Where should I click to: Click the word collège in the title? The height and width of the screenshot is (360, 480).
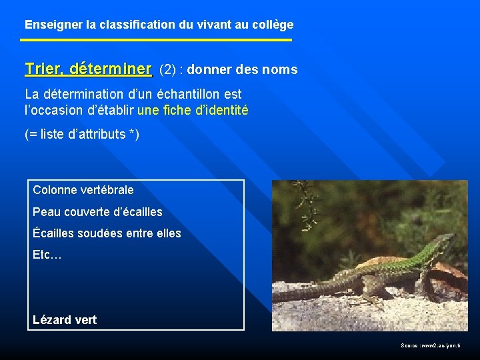[x=272, y=25]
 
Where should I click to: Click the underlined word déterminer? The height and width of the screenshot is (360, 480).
[x=110, y=69]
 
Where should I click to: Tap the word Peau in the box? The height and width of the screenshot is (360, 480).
[x=45, y=212]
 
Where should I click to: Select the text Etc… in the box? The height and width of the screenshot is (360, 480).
[x=47, y=255]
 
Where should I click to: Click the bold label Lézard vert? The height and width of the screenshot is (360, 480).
[x=65, y=319]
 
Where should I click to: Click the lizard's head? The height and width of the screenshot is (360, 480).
[x=444, y=239]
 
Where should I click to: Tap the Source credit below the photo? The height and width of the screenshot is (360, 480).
[x=435, y=345]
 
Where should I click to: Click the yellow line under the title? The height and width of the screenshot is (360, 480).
[x=156, y=40]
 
